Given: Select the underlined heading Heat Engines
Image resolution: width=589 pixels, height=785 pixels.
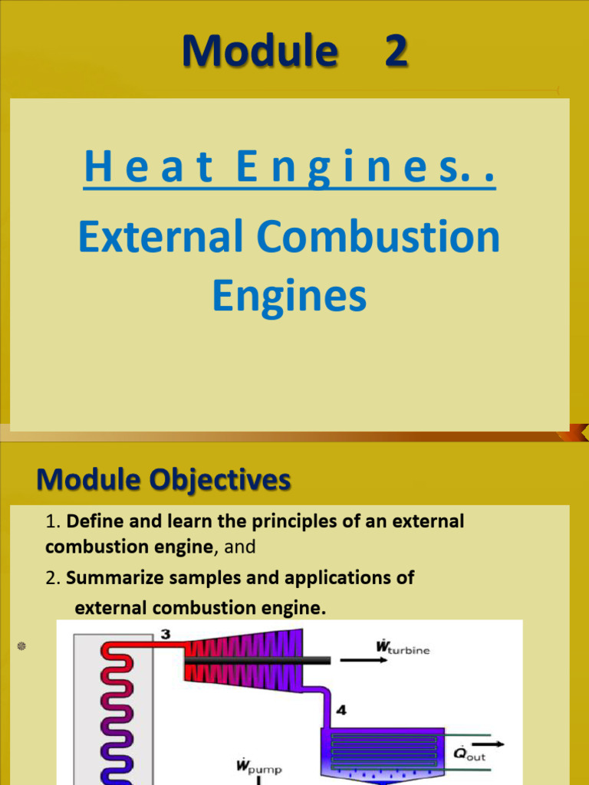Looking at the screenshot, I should tap(290, 169).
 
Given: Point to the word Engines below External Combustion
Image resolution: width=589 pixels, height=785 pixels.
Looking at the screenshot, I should tap(290, 295).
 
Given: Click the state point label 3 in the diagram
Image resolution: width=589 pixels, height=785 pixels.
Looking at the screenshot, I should tap(165, 634).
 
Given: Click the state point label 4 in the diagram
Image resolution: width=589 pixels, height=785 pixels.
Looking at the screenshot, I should tap(341, 710).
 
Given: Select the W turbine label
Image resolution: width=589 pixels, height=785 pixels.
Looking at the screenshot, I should tap(403, 648).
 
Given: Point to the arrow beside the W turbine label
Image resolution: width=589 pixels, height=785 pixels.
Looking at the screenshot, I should tap(368, 661).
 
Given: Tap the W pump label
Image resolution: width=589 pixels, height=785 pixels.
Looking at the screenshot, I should tap(258, 766).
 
